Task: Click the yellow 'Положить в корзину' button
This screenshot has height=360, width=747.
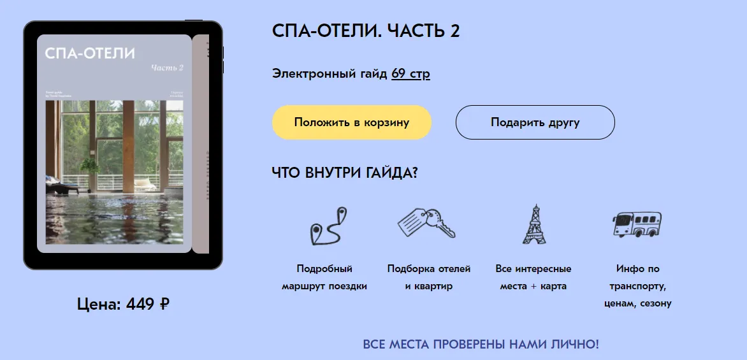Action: (x=352, y=122)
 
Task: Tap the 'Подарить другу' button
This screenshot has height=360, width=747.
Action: (x=535, y=122)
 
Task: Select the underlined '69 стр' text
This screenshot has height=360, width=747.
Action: (x=410, y=74)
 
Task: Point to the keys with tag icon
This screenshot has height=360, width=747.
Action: (x=426, y=222)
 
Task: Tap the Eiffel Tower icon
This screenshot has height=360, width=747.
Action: (x=533, y=224)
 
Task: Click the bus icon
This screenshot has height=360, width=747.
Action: (x=637, y=224)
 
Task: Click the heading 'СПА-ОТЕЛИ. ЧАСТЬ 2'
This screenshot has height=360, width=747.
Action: (x=366, y=31)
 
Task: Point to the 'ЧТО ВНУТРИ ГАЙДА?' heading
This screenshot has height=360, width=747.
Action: (x=345, y=173)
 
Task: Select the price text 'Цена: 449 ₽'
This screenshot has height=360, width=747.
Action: (x=123, y=304)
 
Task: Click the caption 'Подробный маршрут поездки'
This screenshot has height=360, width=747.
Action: (x=324, y=277)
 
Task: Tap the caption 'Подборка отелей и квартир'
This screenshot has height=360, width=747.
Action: (x=429, y=277)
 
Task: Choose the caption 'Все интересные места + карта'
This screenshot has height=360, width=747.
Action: (x=533, y=277)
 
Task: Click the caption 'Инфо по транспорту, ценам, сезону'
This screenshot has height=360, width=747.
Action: (x=638, y=286)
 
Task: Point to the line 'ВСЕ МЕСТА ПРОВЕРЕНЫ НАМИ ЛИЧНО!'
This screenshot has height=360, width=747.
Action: (x=481, y=345)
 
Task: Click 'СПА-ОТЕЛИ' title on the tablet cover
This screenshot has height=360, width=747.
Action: (x=90, y=54)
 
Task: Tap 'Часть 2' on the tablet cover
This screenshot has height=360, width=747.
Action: (x=167, y=68)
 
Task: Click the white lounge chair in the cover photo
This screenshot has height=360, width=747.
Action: (x=145, y=183)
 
